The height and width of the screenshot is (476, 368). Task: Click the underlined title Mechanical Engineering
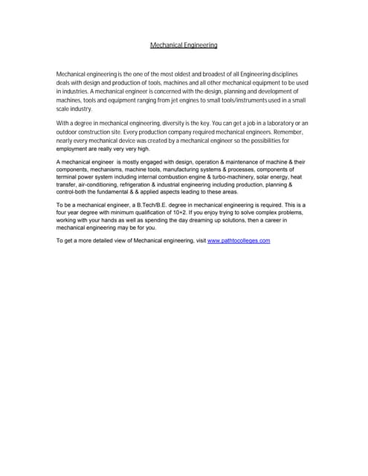click(x=184, y=45)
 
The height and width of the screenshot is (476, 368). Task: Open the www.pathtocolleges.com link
click(x=239, y=242)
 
